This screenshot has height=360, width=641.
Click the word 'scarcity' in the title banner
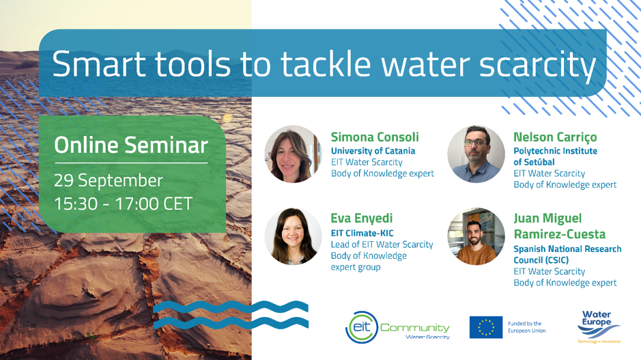coord(537,66)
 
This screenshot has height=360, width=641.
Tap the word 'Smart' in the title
coord(99,64)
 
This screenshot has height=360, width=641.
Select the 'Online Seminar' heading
coord(131,146)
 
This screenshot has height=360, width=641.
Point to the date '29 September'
coord(109,180)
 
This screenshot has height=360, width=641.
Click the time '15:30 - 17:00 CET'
coord(123,204)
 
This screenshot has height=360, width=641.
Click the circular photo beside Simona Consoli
coord(293,154)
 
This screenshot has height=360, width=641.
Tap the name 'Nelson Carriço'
coord(555,137)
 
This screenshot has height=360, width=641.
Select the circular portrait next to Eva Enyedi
coord(293,236)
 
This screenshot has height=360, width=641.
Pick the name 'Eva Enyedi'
coord(361,219)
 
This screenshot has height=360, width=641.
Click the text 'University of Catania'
coord(373,151)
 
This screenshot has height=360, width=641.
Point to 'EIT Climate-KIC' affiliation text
coord(362,233)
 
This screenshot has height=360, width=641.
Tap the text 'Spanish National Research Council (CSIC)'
coord(567,254)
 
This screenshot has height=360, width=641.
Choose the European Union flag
coord(486,327)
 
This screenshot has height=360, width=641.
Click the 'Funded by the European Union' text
coord(526,327)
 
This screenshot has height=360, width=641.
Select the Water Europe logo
coord(599,327)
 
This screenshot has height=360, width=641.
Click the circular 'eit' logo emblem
coord(361,327)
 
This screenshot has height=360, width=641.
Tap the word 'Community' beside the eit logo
coord(414,328)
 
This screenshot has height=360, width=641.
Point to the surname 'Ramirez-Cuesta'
coord(559,234)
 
